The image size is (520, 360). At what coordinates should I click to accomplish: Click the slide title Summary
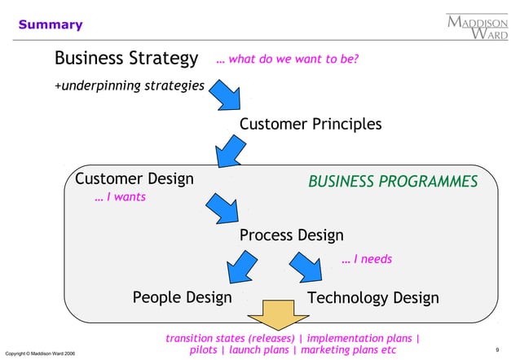pyautogui.click(x=51, y=24)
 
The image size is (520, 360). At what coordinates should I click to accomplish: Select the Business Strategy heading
pyautogui.click(x=126, y=59)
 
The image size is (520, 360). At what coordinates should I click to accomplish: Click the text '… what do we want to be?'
pyautogui.click(x=288, y=59)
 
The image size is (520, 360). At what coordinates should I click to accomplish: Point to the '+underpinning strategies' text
pyautogui.click(x=129, y=85)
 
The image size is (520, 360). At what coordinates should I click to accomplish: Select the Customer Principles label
pyautogui.click(x=311, y=124)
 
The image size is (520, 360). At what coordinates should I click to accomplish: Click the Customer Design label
pyautogui.click(x=134, y=178)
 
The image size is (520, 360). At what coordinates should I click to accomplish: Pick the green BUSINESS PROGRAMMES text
pyautogui.click(x=393, y=181)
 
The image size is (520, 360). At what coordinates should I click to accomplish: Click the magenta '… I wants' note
pyautogui.click(x=120, y=197)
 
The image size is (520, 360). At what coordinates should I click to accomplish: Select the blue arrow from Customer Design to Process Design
pyautogui.click(x=221, y=208)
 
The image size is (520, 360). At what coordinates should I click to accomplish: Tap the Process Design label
pyautogui.click(x=292, y=235)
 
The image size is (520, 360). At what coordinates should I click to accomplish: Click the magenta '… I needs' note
pyautogui.click(x=367, y=259)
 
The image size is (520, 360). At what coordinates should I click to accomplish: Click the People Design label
pyautogui.click(x=182, y=297)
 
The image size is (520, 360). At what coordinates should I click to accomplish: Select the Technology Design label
pyautogui.click(x=372, y=297)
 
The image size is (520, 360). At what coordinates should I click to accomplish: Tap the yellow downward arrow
pyautogui.click(x=276, y=314)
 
